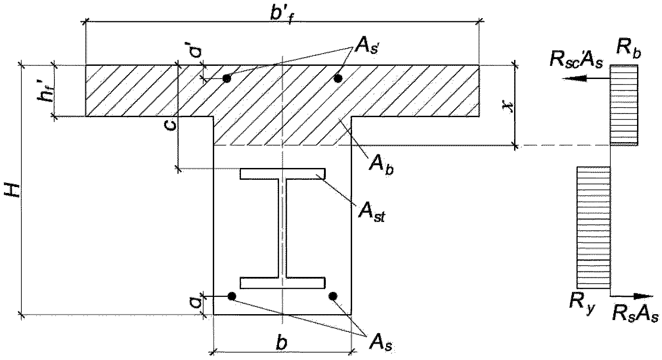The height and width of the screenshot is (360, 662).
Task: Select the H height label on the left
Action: click(x=13, y=190)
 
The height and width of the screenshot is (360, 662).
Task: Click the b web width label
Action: click(x=282, y=343)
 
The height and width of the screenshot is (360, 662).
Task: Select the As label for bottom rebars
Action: click(x=381, y=343)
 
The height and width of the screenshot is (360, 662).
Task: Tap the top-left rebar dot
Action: click(x=227, y=79)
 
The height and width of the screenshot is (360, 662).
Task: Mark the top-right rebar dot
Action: click(x=338, y=79)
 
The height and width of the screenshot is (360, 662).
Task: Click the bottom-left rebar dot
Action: click(x=232, y=296)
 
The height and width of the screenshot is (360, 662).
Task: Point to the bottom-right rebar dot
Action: click(x=333, y=296)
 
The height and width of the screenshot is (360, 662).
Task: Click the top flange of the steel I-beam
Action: click(x=283, y=174)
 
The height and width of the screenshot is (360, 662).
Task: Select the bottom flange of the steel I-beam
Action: click(x=283, y=283)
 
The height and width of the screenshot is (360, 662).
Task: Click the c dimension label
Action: click(x=171, y=125)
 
